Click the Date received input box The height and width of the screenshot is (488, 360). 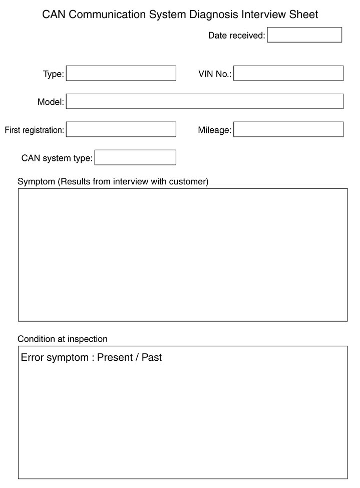pos(304,35)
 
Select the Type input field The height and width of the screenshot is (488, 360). pos(121,74)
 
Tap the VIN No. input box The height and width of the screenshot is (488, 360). pos(288,74)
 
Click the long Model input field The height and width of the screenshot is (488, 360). pos(204,102)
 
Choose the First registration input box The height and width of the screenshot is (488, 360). pos(121,130)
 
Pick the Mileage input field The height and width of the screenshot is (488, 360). pos(288,130)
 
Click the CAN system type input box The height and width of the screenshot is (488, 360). pos(135,158)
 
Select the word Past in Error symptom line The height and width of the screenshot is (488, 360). pos(152,358)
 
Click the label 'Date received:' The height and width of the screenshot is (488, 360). pos(236,36)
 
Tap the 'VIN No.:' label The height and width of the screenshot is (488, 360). pos(215,74)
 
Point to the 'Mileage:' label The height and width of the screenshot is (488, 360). pos(214,130)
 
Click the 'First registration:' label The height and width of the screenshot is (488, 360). pos(35,130)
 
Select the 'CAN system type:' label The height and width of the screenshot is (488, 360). pos(57,158)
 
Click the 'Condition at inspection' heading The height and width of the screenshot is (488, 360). pos(63,339)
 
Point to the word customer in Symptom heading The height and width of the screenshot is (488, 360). pos(188,181)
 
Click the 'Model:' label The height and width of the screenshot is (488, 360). pos(51,102)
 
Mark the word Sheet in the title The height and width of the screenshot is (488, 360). pos(303,15)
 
